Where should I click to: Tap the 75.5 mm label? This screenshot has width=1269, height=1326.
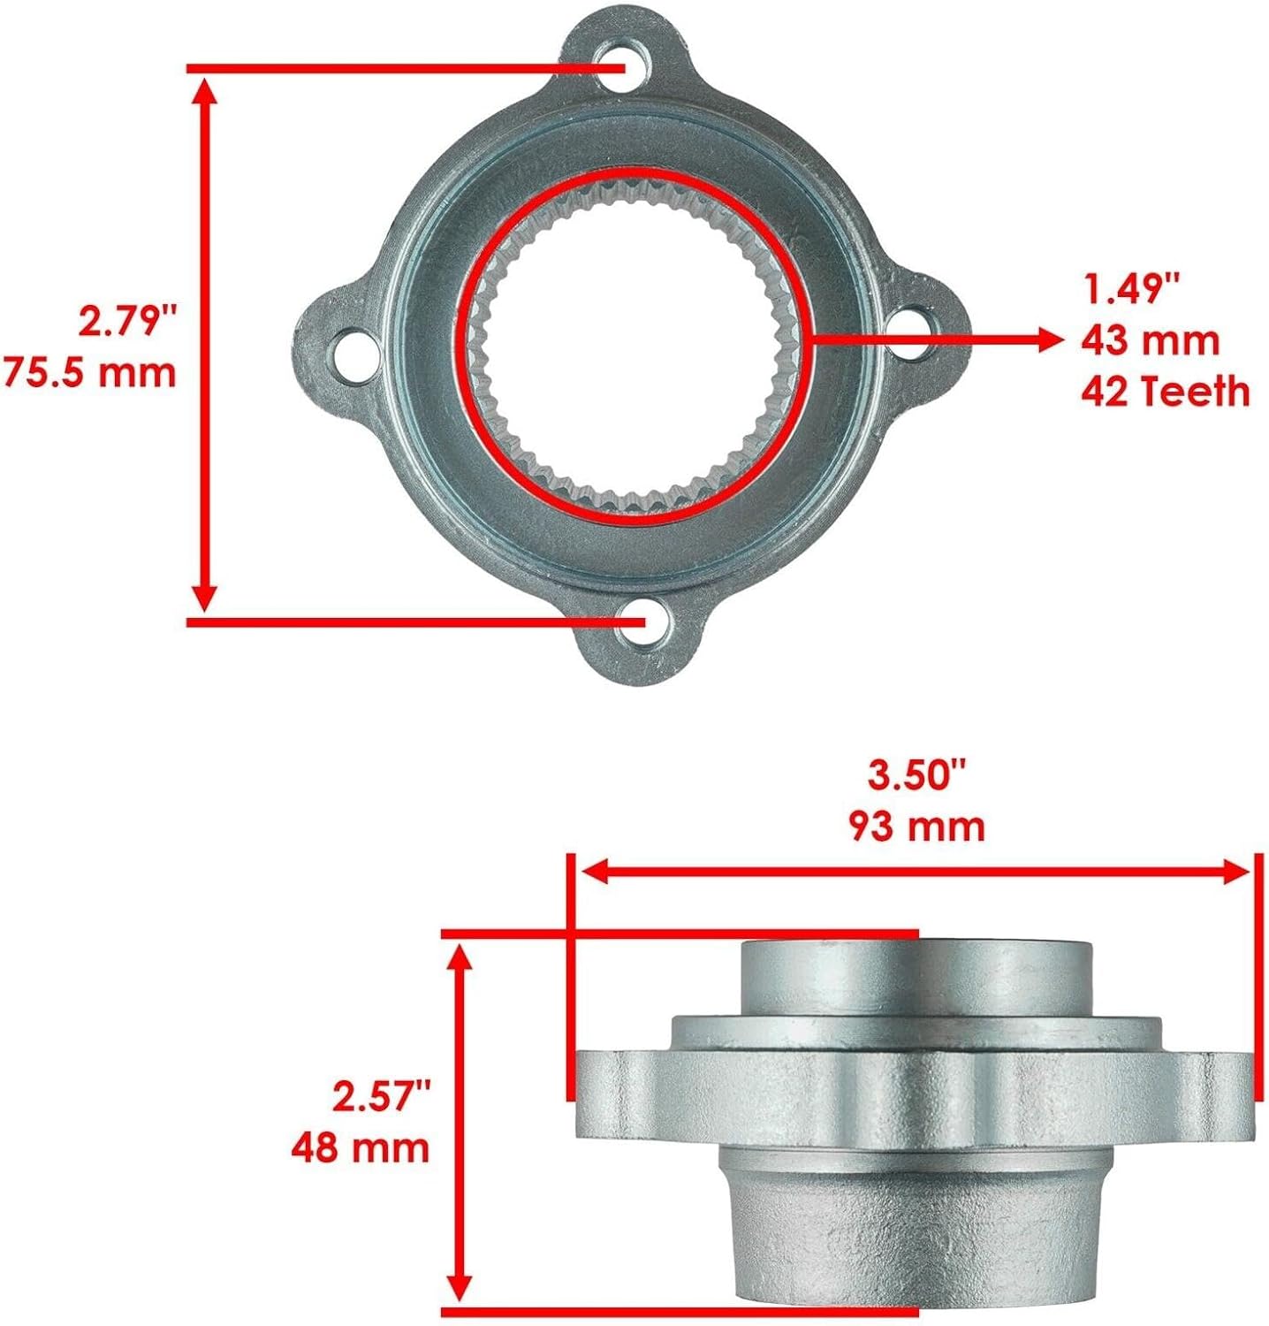(90, 371)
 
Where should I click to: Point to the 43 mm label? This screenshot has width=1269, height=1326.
(1150, 340)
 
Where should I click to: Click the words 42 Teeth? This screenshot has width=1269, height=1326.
(1166, 391)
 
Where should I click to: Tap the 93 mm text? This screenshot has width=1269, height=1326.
(917, 827)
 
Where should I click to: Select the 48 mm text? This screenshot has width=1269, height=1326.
(361, 1148)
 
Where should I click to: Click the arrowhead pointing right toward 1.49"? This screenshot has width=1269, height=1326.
(1048, 339)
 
